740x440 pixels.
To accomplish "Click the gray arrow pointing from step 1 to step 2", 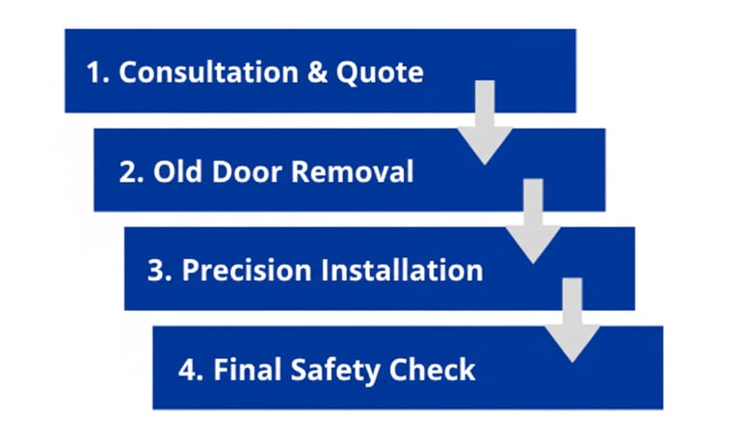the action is (x=485, y=123).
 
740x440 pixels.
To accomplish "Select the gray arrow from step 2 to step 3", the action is (x=533, y=221).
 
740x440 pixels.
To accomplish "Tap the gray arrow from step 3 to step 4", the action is (x=572, y=321).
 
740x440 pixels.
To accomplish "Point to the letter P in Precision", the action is (x=191, y=271).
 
